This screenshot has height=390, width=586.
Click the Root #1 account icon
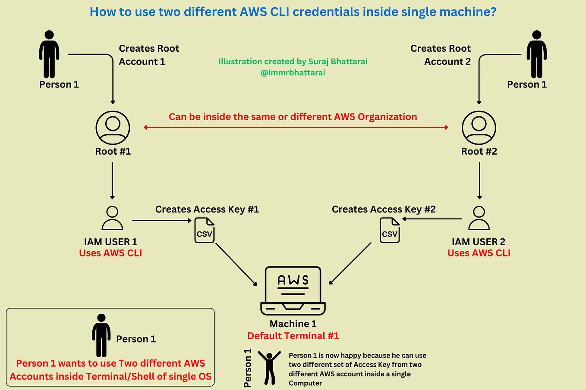click(x=113, y=128)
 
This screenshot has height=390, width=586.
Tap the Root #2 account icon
click(x=479, y=128)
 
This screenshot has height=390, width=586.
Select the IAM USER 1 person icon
click(x=112, y=218)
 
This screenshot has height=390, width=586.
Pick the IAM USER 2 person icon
click(x=479, y=218)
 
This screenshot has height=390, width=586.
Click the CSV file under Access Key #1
click(x=205, y=230)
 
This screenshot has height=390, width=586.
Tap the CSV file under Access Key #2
click(x=390, y=230)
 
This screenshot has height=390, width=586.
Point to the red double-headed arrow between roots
click(x=296, y=128)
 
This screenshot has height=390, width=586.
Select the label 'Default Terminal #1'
click(x=293, y=336)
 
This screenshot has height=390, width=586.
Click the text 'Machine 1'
click(x=293, y=324)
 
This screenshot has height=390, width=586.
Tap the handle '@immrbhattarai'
click(x=293, y=73)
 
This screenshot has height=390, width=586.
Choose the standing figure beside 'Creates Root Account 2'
click(x=536, y=54)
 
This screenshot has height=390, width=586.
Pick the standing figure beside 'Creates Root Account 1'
click(x=49, y=54)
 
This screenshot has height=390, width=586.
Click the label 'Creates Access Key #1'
click(x=207, y=209)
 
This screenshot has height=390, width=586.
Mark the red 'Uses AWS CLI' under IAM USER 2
click(x=479, y=253)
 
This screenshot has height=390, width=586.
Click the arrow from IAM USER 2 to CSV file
click(x=432, y=219)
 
